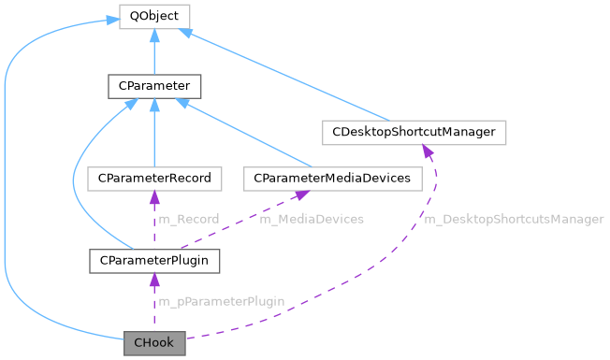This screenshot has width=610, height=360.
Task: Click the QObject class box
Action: [154, 16]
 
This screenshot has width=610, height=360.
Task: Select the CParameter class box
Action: [154, 87]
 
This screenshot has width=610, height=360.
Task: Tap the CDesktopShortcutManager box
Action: [414, 132]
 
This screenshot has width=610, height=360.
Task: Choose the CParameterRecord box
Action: [154, 177]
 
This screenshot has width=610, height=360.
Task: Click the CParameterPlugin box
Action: [154, 259]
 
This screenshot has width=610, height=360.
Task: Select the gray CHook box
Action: [154, 343]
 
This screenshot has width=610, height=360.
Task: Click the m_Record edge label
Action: [188, 219]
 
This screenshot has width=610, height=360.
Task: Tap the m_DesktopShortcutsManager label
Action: [514, 219]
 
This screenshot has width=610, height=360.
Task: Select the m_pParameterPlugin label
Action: [221, 301]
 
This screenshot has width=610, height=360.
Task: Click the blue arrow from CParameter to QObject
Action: [154, 51]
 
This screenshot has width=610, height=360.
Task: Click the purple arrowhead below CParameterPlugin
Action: [154, 278]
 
